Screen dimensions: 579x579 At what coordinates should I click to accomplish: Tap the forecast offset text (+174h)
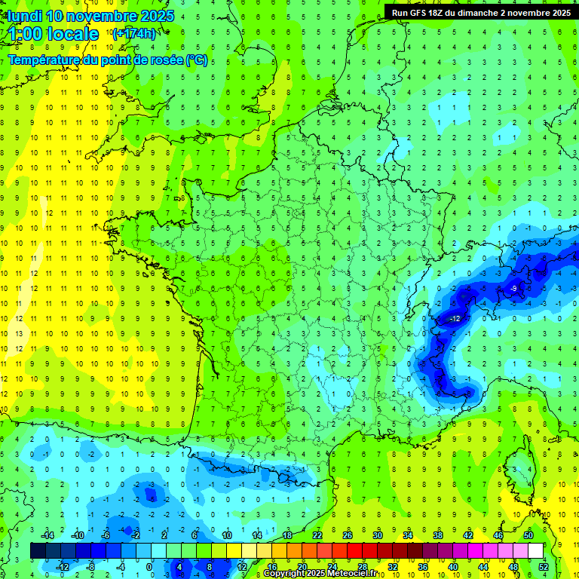(x=135, y=34)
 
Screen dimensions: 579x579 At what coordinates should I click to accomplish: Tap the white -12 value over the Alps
(x=454, y=319)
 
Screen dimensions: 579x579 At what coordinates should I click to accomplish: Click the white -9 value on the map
(x=513, y=289)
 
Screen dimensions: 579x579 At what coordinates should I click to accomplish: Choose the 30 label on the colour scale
(x=377, y=535)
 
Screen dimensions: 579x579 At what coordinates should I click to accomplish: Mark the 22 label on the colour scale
(x=317, y=535)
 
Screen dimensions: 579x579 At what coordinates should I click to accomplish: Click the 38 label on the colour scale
(x=437, y=535)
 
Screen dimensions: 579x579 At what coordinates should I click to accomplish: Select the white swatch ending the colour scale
(x=535, y=551)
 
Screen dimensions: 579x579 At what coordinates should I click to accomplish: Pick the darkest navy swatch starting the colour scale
(x=38, y=551)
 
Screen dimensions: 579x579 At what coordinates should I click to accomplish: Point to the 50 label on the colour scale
(x=528, y=535)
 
